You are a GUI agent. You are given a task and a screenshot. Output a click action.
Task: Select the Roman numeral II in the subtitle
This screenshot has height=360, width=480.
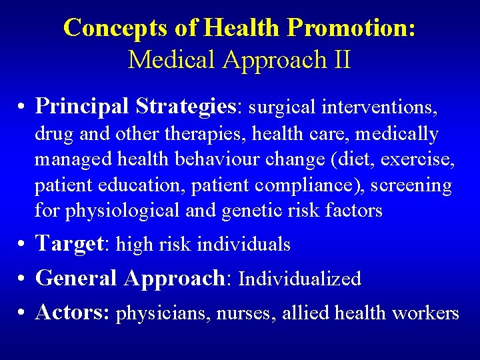pos(340,59)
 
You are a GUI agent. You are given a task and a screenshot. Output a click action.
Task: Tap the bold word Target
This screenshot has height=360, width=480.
pos(69,244)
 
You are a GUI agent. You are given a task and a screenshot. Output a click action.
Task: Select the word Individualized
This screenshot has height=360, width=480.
pos(299,278)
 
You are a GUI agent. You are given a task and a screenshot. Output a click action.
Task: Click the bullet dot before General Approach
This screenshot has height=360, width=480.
pos(22,279)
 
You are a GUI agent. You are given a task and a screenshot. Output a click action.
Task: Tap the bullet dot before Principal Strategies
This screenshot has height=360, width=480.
pos(22,107)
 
